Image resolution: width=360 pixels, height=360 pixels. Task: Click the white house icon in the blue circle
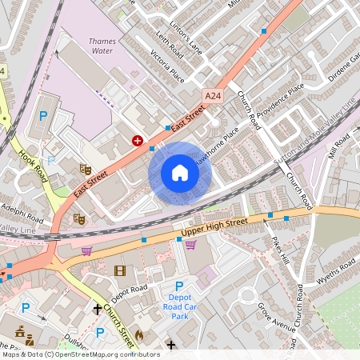(x=180, y=173)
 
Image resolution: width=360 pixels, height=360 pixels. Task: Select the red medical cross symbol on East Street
(x=138, y=140)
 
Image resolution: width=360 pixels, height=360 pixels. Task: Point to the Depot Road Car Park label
(x=179, y=304)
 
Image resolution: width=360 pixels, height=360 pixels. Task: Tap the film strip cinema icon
(x=120, y=271)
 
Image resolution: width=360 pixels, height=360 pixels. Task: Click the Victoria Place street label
(x=167, y=67)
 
